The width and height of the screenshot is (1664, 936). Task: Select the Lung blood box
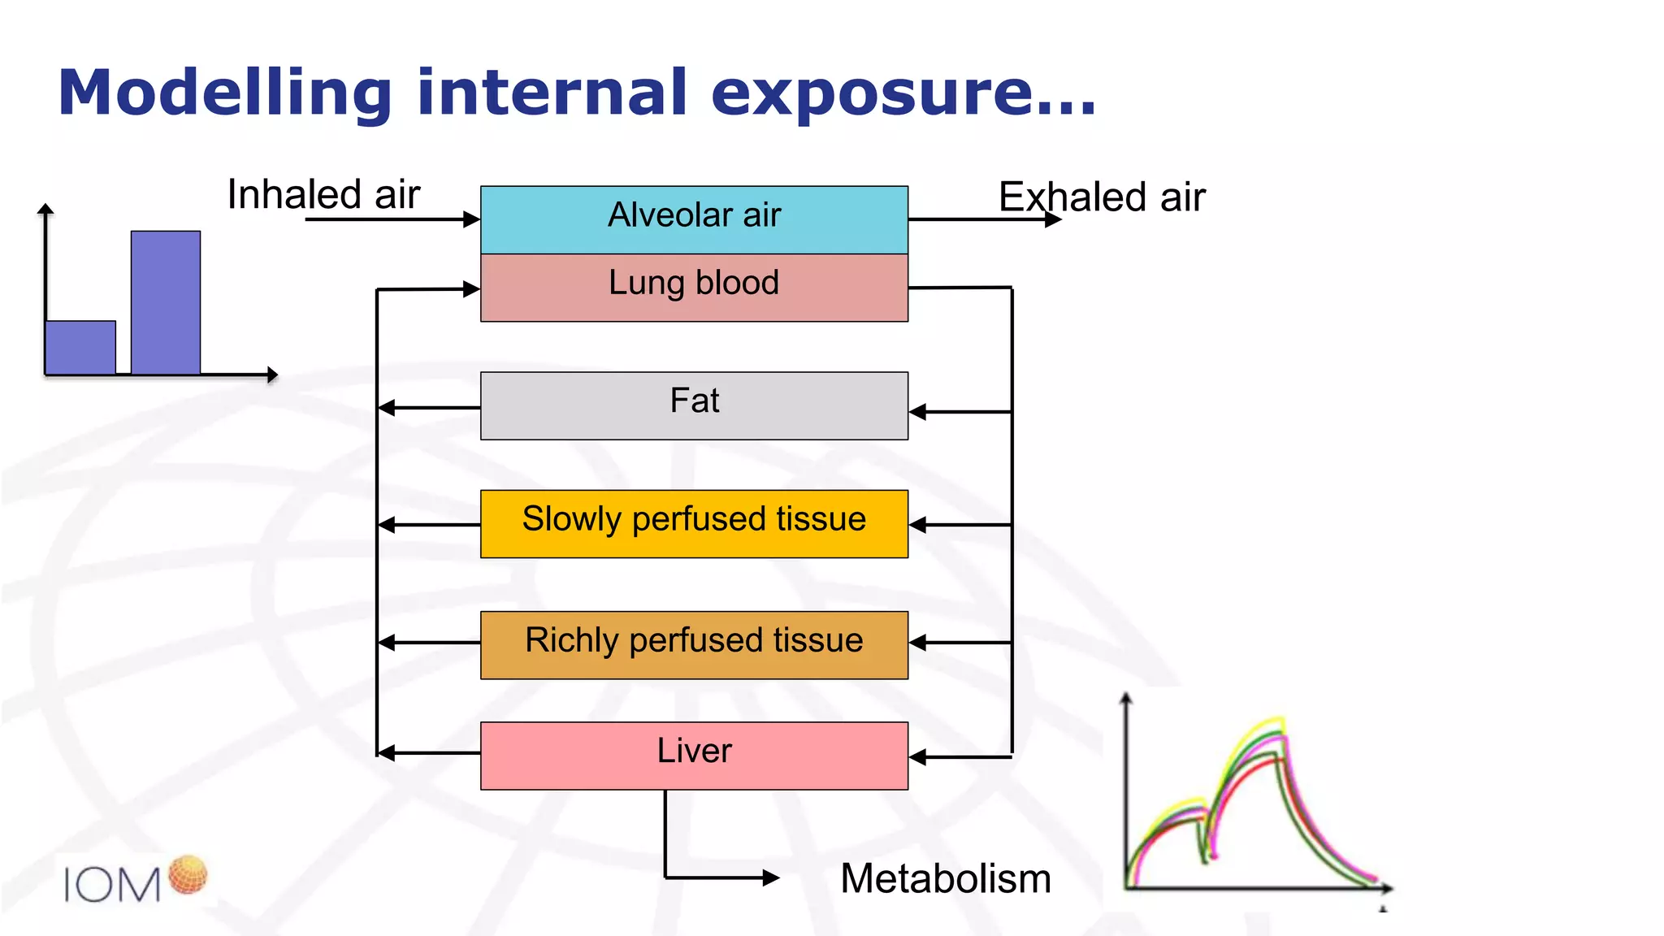[x=694, y=287]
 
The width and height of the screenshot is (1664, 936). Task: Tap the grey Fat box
[x=694, y=405]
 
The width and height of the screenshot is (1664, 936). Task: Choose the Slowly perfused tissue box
[x=694, y=523]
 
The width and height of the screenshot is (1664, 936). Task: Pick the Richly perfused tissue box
[x=694, y=644]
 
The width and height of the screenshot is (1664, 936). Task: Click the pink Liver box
[x=694, y=755]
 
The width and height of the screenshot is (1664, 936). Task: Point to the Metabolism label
[x=946, y=878]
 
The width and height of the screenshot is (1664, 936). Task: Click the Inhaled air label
[x=323, y=194]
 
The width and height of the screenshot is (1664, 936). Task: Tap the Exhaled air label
[x=1102, y=197]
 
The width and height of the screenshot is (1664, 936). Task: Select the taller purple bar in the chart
[x=166, y=302]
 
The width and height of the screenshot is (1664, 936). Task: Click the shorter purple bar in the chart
[x=80, y=347]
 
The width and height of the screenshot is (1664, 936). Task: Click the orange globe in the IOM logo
[x=188, y=874]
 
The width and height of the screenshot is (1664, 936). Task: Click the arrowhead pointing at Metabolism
[x=772, y=877]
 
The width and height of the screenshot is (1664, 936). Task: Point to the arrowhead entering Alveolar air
[x=471, y=219]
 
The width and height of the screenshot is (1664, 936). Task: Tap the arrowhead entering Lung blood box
[x=471, y=288]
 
